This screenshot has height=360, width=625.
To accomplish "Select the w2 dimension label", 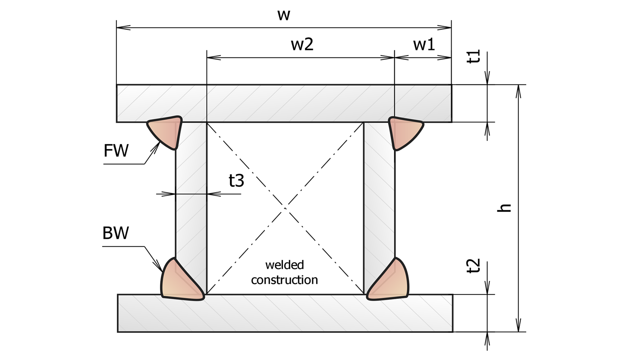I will point(302,44).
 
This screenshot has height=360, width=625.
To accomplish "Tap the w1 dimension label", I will point(424,44).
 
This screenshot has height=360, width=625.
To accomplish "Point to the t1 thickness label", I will point(473,56).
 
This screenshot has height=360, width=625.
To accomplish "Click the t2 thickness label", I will point(473,266).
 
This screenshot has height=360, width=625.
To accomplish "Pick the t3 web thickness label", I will point(236,181).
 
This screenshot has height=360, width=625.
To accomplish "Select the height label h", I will point(504,208).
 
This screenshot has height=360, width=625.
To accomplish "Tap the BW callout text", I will point(116,233).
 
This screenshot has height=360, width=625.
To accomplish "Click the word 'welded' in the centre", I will point(285,265).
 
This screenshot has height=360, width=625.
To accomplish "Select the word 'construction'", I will point(284,280).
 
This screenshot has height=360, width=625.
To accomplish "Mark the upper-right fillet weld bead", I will point(405,132).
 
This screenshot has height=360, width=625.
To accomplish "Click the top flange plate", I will point(284,103).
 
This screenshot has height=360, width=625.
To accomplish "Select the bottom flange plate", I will point(285,313).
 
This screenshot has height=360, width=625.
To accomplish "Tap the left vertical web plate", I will point(191,194).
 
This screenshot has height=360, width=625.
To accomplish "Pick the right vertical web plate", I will point(379,194).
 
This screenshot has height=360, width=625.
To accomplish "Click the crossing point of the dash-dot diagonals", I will point(285,208).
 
